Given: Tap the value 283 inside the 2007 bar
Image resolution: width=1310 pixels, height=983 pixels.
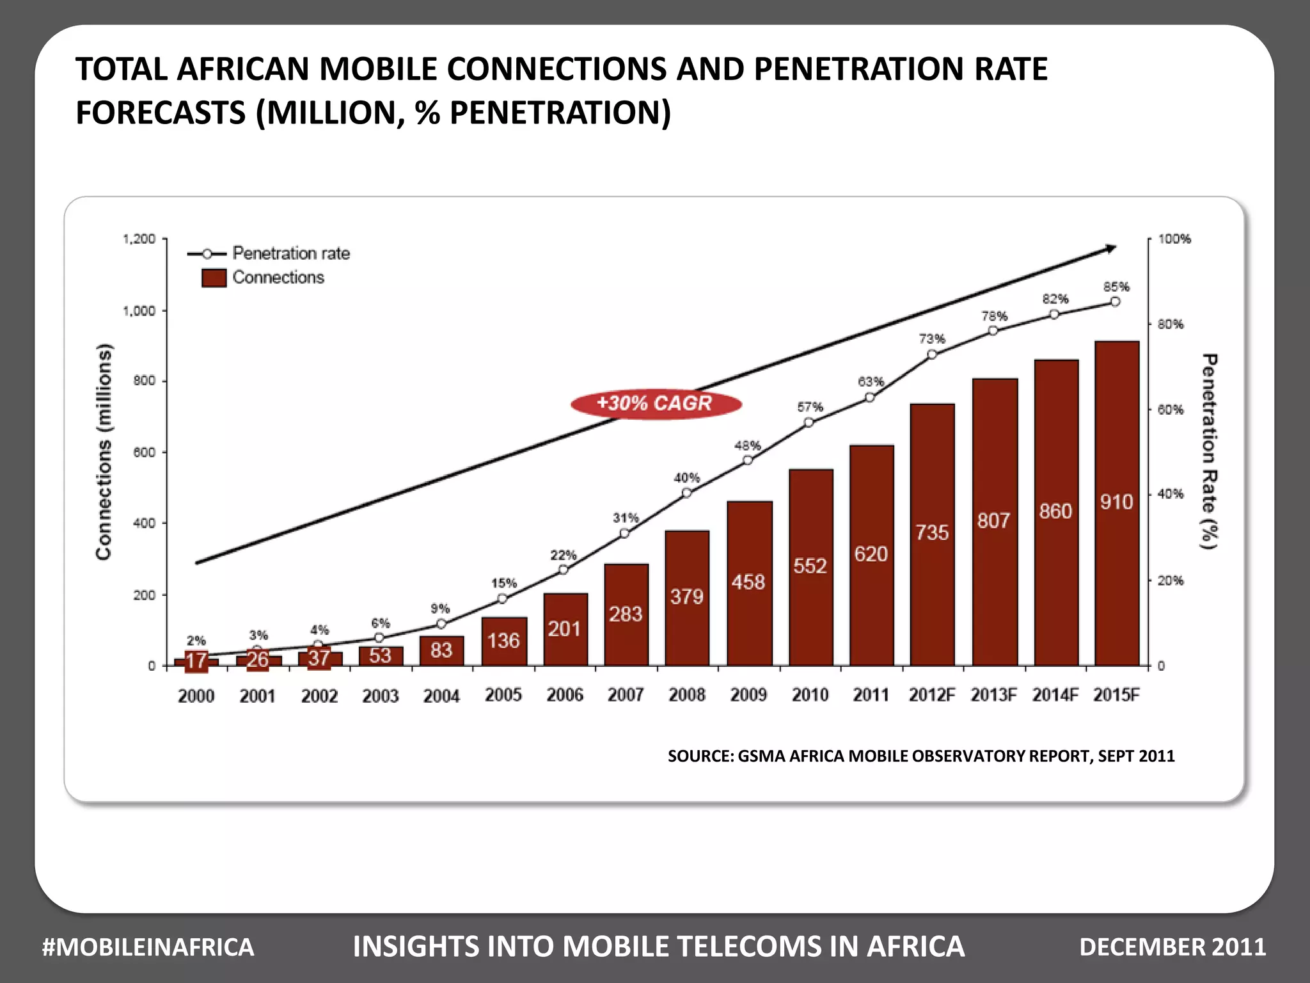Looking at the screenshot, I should tap(625, 614).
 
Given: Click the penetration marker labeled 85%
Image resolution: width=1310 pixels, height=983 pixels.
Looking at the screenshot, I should tap(1115, 302).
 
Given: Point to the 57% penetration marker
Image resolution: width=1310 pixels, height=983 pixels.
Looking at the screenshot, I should tap(809, 422).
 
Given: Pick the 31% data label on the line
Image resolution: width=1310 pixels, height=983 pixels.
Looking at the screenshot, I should tap(626, 518).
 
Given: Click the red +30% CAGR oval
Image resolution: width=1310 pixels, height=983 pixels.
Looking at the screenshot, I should tap(656, 404).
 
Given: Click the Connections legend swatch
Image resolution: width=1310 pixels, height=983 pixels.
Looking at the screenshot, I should tap(214, 278).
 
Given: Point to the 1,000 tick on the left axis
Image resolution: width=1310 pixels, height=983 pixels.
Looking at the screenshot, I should tap(139, 311).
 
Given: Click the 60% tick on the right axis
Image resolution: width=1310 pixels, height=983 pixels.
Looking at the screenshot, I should tap(1170, 410).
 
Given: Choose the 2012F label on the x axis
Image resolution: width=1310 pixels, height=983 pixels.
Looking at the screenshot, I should tap(931, 695).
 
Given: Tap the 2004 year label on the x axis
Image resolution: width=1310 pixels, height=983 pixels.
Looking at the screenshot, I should tap(441, 696).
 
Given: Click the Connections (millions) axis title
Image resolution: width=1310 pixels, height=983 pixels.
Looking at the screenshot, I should tap(104, 452).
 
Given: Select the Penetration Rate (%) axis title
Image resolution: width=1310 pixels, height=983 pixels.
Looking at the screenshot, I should tap(1208, 452).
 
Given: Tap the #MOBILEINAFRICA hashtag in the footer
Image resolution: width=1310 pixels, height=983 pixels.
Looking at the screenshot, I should tap(148, 947).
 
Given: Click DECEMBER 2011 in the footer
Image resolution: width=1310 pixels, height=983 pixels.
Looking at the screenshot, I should tap(1172, 947).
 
